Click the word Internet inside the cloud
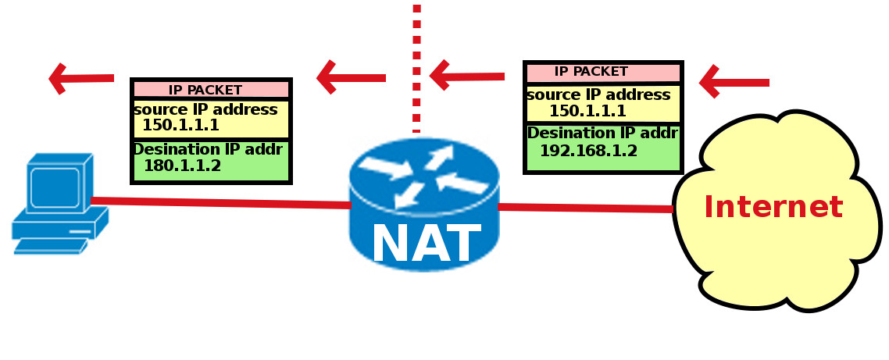[773, 208]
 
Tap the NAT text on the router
[425, 244]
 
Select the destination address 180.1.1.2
[182, 166]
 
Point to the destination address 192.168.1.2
[588, 151]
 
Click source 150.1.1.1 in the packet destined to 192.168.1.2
[587, 111]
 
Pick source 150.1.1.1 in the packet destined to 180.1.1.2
[180, 125]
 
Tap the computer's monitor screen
[55, 186]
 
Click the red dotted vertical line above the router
[416, 62]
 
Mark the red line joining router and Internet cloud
[586, 208]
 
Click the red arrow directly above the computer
[80, 78]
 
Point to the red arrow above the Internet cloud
[733, 82]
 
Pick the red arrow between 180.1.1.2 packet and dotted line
[351, 77]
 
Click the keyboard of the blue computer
[48, 246]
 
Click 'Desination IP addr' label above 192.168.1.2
[602, 134]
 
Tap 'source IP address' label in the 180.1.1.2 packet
[205, 109]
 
